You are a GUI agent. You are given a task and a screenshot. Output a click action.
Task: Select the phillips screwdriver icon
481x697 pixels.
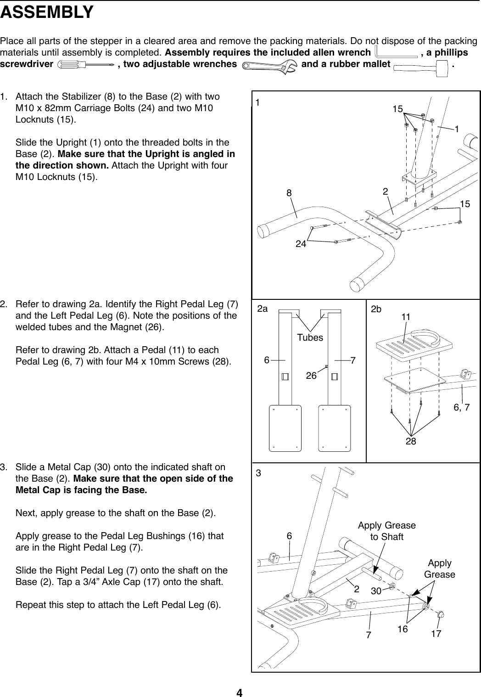pos(85,65)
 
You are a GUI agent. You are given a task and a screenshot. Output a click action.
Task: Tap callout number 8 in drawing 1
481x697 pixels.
pos(289,193)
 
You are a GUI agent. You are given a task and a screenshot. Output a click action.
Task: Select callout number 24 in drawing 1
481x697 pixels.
pos(301,244)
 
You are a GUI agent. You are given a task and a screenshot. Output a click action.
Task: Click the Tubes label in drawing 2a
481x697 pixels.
pos(310,337)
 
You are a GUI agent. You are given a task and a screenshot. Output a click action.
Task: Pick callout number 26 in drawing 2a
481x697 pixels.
pos(312,376)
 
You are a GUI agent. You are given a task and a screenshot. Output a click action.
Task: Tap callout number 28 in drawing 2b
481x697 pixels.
pos(410,441)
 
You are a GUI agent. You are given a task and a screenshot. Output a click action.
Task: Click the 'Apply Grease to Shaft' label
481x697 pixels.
pos(386,531)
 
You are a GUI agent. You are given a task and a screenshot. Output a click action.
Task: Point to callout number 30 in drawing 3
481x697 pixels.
pos(376,591)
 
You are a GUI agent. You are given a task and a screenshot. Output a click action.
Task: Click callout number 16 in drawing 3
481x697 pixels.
pos(403,629)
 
